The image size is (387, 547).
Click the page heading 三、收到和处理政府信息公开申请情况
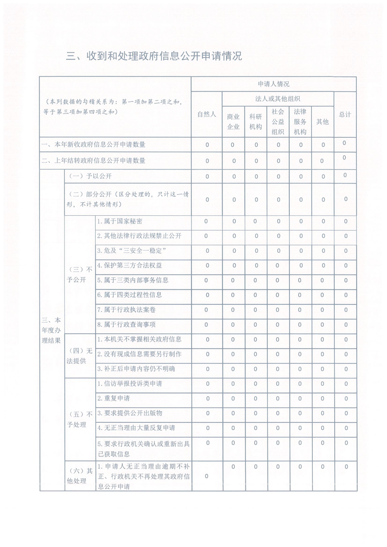(154, 57)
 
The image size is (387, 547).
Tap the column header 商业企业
(233, 121)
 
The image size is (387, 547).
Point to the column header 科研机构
(256, 121)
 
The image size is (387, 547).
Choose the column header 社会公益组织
(278, 121)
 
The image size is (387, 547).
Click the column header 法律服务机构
(300, 121)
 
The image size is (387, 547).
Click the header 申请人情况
(274, 84)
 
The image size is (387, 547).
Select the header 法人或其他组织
(278, 99)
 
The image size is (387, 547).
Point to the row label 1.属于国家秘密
(120, 221)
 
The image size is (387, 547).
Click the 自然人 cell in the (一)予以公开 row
(206, 176)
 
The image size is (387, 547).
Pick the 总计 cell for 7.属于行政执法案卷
(345, 310)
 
